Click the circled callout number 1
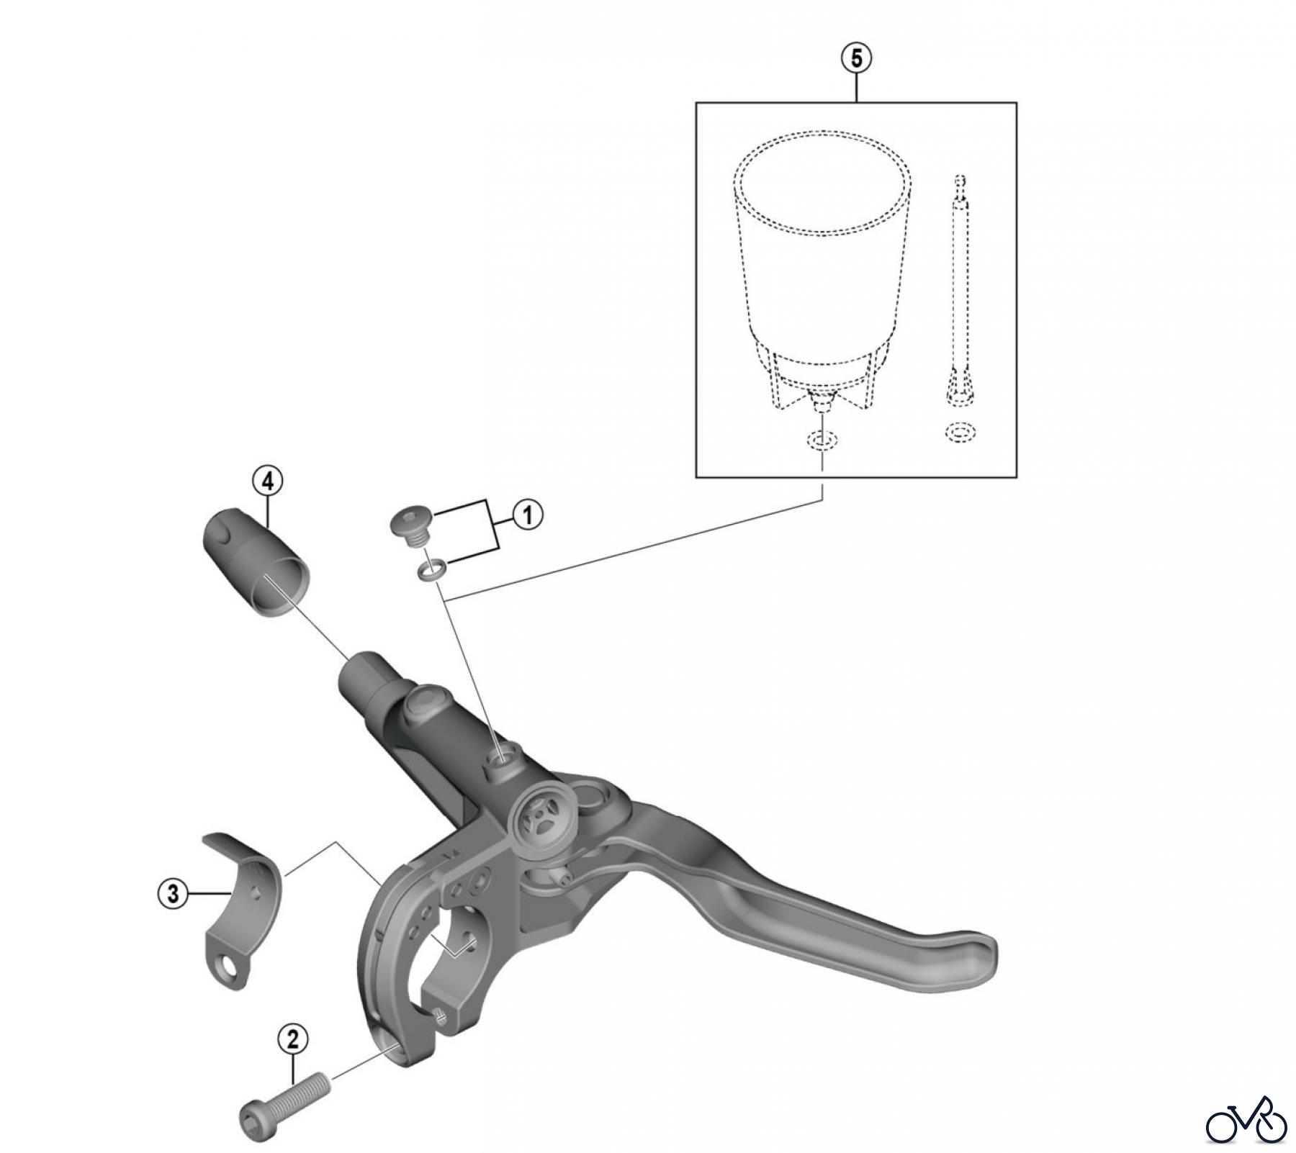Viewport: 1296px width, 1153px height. point(528,516)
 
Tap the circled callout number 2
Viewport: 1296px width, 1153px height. point(293,1039)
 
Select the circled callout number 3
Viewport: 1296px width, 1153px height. point(172,895)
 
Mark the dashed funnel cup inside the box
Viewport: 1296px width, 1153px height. point(822,266)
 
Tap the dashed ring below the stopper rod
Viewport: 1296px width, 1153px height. point(960,433)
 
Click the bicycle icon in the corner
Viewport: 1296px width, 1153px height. point(1246,1121)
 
